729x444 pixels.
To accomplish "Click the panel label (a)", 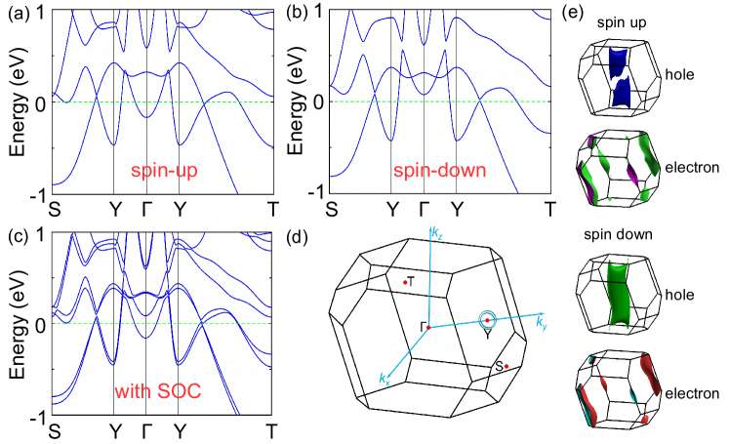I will click(x=17, y=12).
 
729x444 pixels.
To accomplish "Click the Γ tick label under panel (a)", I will click(x=147, y=208).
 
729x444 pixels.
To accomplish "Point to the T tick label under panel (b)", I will click(x=550, y=208).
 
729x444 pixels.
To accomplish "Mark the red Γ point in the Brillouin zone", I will click(x=427, y=327).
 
